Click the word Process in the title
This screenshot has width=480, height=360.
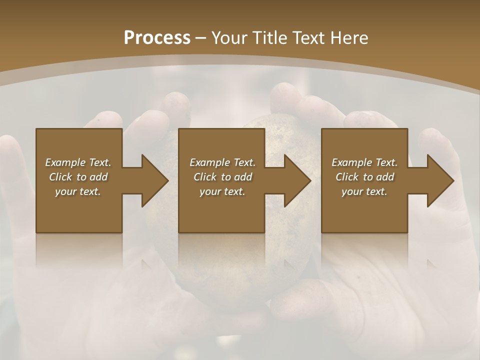(157, 38)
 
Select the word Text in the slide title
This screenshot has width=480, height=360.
(309, 38)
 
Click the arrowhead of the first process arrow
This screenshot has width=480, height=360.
(155, 180)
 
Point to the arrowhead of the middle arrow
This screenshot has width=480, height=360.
(298, 180)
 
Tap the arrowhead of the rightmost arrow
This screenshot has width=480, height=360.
(440, 180)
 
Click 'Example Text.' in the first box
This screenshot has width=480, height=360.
(78, 162)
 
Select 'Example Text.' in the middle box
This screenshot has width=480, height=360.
(222, 162)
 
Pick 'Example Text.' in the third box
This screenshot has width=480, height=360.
(364, 162)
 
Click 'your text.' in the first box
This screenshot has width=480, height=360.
(78, 191)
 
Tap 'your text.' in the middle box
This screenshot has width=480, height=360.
(222, 191)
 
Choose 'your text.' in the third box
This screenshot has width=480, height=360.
(364, 191)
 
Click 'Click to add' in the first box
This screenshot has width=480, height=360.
(78, 177)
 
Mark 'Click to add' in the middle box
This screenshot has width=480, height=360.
(222, 177)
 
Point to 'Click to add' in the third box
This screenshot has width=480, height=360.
(364, 177)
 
